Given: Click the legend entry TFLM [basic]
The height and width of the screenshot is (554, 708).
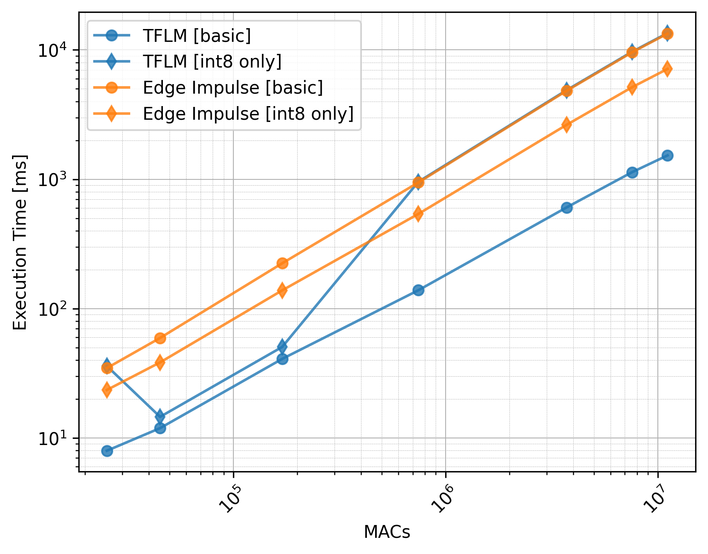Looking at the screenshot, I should tap(196, 36).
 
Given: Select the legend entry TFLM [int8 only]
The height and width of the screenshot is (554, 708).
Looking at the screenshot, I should tap(212, 62).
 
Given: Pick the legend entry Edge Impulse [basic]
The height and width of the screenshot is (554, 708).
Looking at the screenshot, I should tap(233, 88).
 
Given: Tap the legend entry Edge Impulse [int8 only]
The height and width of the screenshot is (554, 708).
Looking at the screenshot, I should tap(248, 114).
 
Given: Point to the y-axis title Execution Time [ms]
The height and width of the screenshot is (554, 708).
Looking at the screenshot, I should tap(20, 242).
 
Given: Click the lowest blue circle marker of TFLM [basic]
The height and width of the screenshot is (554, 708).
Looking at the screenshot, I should tap(107, 451).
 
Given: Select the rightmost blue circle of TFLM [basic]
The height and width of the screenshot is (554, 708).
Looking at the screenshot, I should tap(667, 155).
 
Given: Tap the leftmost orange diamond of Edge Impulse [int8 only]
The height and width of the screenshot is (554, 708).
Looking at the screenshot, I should tap(107, 389).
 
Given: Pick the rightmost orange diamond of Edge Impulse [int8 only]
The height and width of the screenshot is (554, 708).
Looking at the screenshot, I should tap(667, 69).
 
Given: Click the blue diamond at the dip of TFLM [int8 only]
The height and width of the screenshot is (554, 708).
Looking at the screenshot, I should tap(160, 416).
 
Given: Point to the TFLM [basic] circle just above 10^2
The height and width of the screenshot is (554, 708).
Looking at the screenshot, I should tap(418, 290).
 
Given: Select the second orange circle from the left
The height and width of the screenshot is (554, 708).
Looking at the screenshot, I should tap(160, 339).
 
